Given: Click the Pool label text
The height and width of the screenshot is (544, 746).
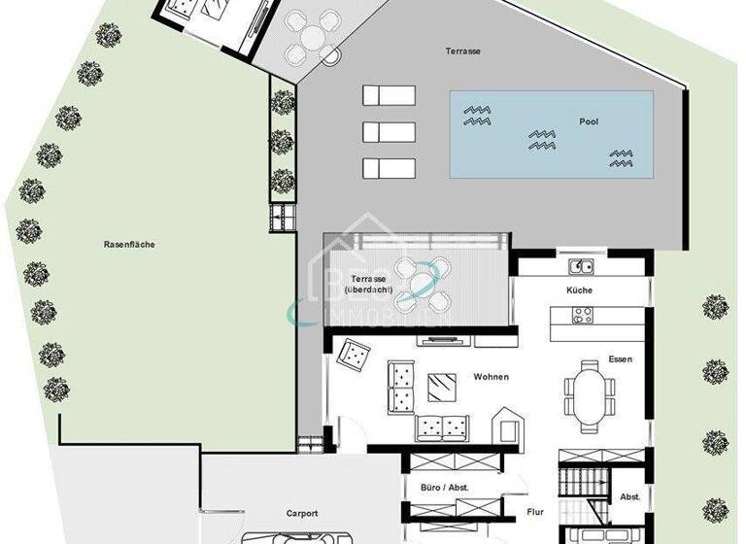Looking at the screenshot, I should pos(589,122).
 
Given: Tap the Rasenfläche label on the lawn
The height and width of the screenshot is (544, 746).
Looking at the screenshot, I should pos(129,245).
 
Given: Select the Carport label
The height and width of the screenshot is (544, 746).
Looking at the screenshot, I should pos(302,513).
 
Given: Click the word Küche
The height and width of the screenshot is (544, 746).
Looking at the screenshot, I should pos(580,290).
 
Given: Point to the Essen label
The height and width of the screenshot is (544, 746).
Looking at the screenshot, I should pos(620,358).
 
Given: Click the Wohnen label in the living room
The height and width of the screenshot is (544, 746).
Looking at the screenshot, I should pos(492,377).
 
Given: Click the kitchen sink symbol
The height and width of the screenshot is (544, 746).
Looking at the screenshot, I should pos(580,265).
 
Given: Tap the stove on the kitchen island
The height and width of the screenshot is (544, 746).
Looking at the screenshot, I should pos(583,316).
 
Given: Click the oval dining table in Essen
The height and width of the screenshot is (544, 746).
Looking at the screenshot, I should pos(589,394).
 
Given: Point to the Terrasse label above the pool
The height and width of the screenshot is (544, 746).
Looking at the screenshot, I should pos(463,51).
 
